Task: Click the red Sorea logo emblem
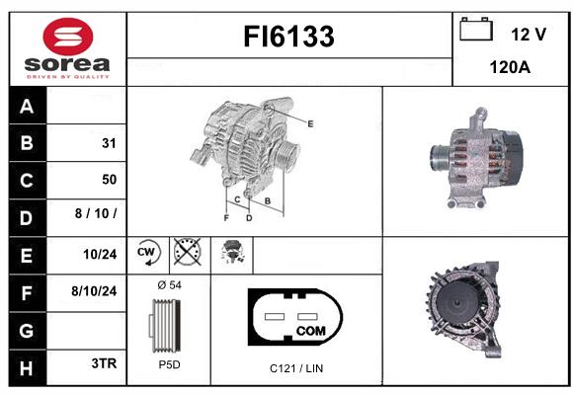(x=68, y=37)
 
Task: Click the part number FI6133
(x=288, y=37)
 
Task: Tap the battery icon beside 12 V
(x=476, y=29)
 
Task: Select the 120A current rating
(x=510, y=67)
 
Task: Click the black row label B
(x=27, y=143)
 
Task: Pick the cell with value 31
(x=86, y=143)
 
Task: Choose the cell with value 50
(x=86, y=180)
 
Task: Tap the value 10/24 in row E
(x=100, y=255)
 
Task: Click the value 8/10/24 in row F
(x=94, y=291)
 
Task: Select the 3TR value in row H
(x=104, y=363)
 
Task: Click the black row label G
(x=27, y=331)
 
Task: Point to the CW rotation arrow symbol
(x=148, y=252)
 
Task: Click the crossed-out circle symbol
(x=187, y=252)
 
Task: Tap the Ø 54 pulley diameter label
(x=169, y=285)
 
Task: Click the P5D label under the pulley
(x=169, y=364)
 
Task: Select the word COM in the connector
(x=310, y=331)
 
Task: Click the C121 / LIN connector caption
(x=296, y=368)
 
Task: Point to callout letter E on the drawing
(x=310, y=124)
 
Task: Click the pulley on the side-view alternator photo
(x=440, y=158)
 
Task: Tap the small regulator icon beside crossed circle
(x=232, y=252)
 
